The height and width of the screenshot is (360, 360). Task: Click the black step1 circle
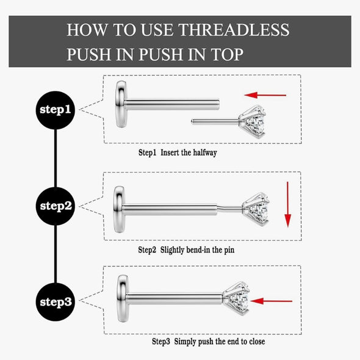(56, 110)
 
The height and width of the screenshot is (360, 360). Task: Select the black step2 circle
(56, 206)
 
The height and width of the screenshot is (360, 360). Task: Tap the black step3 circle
(56, 302)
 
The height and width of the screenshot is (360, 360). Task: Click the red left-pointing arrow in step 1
(265, 95)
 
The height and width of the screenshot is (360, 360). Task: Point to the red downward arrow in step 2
(287, 204)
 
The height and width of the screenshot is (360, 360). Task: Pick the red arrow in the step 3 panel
(271, 301)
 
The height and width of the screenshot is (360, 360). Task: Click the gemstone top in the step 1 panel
(252, 121)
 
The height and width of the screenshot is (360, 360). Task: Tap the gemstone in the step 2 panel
(256, 209)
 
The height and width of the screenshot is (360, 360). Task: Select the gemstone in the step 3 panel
(236, 298)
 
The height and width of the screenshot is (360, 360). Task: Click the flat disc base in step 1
(121, 104)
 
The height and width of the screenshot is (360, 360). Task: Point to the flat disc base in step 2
(120, 209)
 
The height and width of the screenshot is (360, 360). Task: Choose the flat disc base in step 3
(123, 298)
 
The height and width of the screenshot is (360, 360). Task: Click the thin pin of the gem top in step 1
(215, 121)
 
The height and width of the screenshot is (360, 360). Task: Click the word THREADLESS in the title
(234, 30)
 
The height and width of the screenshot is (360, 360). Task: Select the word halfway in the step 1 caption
(205, 153)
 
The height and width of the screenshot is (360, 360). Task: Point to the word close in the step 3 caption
(257, 342)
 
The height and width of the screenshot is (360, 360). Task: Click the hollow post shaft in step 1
(172, 104)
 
